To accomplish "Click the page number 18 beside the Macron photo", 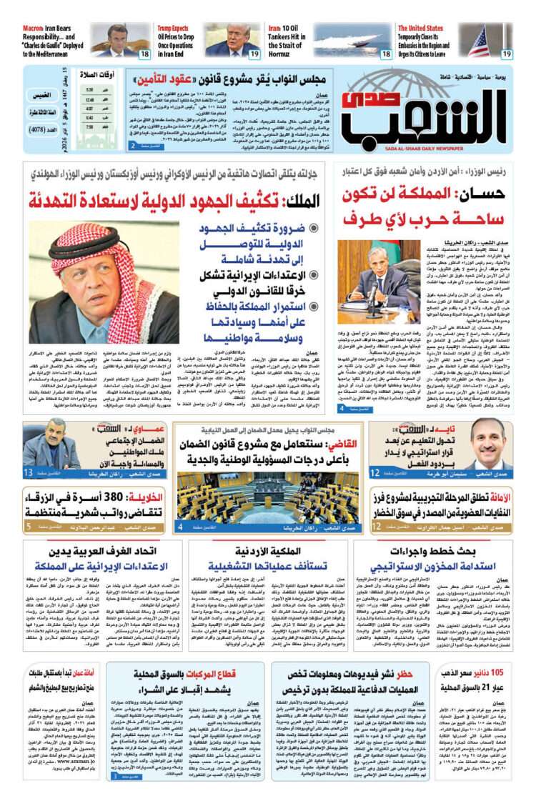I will [x=144, y=54].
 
